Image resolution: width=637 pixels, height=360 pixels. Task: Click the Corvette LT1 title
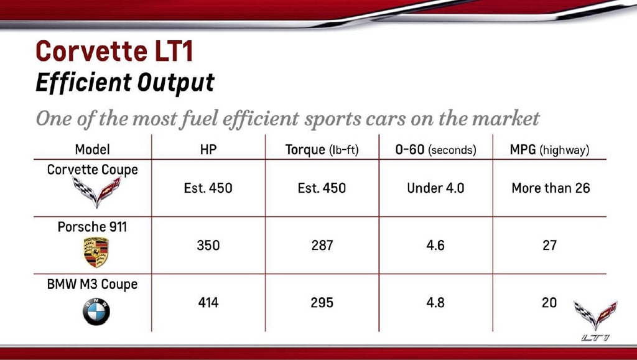[114, 52]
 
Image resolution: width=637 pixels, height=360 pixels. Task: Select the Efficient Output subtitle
[124, 83]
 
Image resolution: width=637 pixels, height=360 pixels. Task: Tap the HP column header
[208, 150]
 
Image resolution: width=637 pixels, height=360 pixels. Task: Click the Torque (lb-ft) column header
[322, 150]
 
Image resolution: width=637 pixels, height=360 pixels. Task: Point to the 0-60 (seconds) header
[435, 150]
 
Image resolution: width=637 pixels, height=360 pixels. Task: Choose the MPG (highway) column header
[549, 150]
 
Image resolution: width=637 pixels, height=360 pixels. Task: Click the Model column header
[92, 150]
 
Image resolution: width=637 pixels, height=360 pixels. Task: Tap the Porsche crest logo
[96, 252]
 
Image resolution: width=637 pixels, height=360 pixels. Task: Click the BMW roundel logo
[96, 312]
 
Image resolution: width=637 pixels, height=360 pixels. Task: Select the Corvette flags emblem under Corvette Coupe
[96, 192]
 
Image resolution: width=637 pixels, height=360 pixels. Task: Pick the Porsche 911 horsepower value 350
[208, 245]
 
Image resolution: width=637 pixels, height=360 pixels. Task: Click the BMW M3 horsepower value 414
[208, 302]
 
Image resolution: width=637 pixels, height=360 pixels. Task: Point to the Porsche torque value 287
[322, 245]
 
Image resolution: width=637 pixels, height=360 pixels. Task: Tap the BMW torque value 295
[322, 302]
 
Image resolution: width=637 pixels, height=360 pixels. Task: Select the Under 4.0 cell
[435, 188]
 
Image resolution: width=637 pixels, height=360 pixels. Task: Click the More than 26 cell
[551, 188]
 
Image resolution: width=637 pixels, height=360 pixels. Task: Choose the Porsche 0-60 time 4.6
[435, 245]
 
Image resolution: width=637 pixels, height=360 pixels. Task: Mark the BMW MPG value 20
[549, 302]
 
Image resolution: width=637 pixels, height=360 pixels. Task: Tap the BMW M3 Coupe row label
[92, 284]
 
